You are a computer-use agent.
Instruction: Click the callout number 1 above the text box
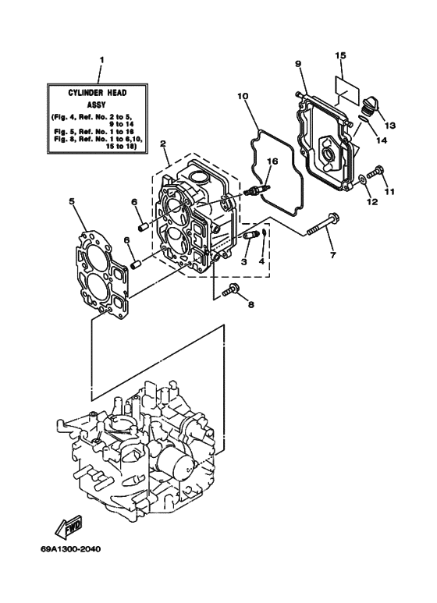pos(100,60)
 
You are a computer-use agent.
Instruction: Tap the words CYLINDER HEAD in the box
pos(99,92)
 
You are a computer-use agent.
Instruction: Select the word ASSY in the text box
pos(99,104)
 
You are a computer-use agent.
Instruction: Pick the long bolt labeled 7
pos(322,227)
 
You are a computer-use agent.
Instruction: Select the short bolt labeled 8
pos(231,292)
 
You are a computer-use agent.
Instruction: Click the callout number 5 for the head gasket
pos(72,201)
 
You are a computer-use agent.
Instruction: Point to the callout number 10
pos(243,97)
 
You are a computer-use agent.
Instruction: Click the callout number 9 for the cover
pos(298,62)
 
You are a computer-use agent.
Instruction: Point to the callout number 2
pos(163,144)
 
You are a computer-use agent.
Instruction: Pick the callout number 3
pos(244,263)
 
